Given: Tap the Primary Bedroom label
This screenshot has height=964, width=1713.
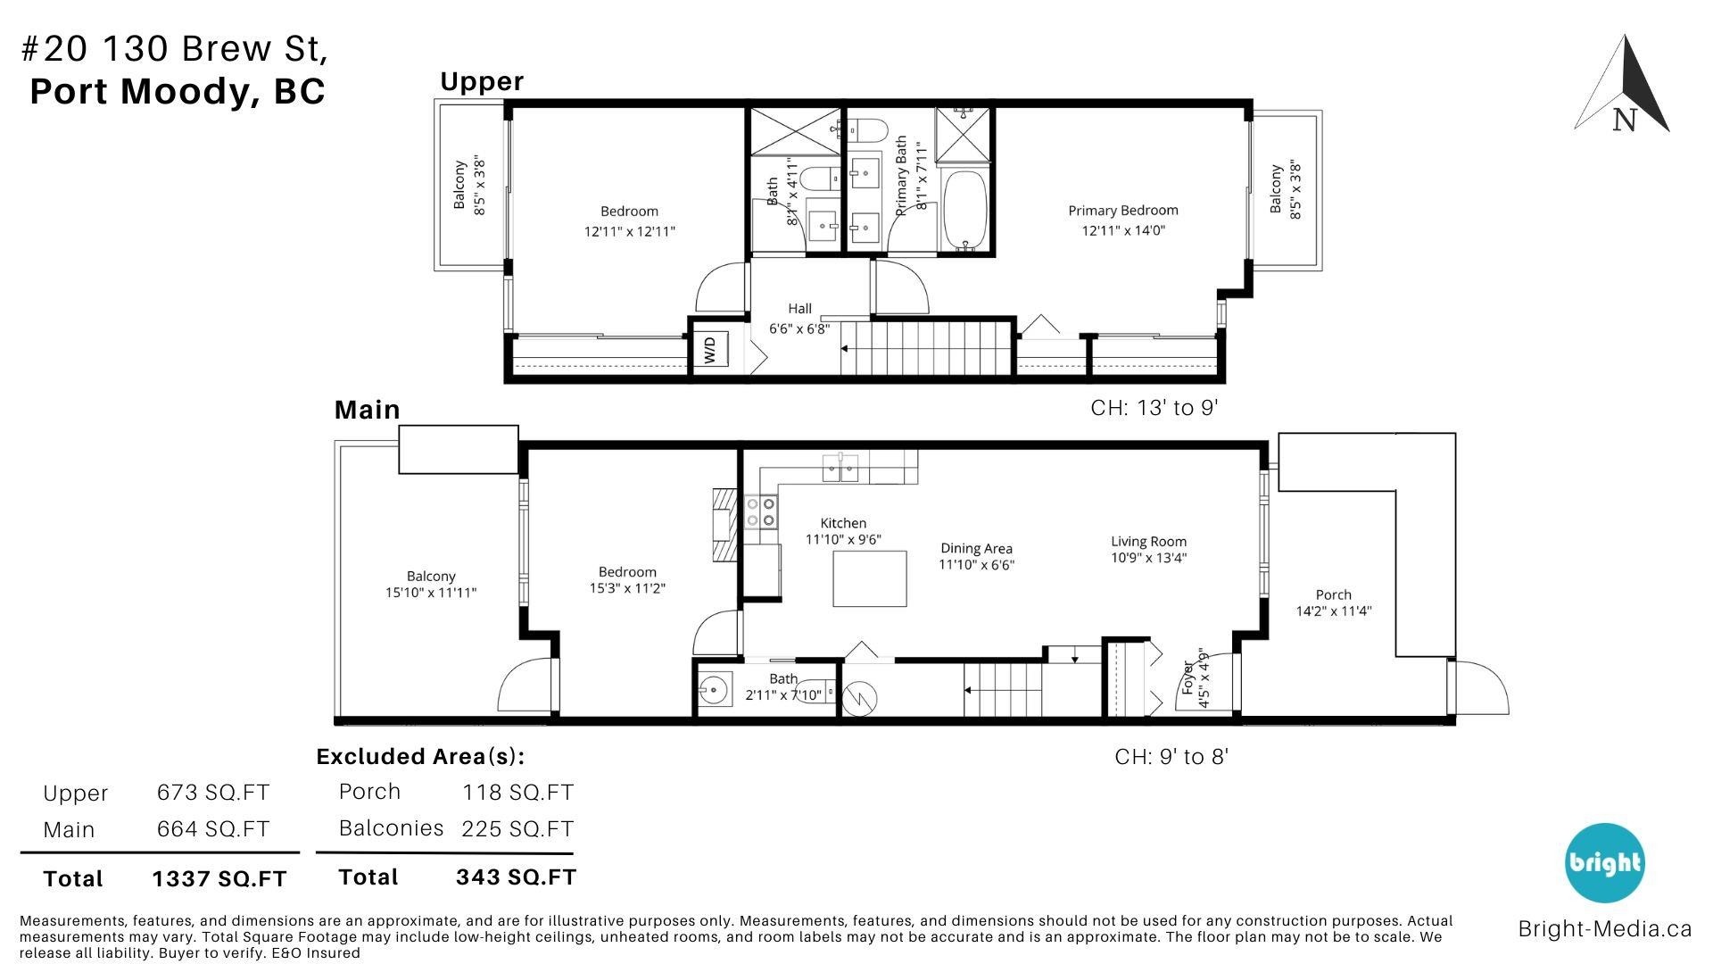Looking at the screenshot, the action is point(1123,211).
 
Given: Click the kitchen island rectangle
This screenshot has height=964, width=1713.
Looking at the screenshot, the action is point(870,578).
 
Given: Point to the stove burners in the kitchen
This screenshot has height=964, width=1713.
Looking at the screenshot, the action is point(760,511).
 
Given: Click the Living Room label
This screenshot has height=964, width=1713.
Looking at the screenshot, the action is point(1148,541).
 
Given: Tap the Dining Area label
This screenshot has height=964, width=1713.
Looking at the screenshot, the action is point(976,548).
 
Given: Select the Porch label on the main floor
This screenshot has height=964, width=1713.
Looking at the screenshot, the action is point(1333,594).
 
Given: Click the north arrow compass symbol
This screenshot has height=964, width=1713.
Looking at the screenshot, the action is point(1623,85).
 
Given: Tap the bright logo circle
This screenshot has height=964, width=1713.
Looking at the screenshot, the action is point(1604,862).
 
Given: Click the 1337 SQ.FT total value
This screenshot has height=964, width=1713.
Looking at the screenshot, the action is point(219,879).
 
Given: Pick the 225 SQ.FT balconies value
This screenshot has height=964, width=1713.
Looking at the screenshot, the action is point(517,829).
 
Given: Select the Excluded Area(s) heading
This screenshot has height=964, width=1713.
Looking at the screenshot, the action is point(420,757).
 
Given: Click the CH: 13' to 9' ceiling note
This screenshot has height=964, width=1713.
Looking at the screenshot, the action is point(1154,408).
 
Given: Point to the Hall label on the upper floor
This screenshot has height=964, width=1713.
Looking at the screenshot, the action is point(799,309).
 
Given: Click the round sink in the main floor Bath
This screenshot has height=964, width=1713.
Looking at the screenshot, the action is point(714,689).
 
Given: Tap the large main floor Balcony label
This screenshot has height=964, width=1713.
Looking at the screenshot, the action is point(431,577).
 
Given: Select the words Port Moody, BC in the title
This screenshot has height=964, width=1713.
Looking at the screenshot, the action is point(178,92).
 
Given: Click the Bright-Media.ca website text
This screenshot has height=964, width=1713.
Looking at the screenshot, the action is point(1604,928).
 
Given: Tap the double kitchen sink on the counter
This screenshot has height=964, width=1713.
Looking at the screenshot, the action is point(840,468).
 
